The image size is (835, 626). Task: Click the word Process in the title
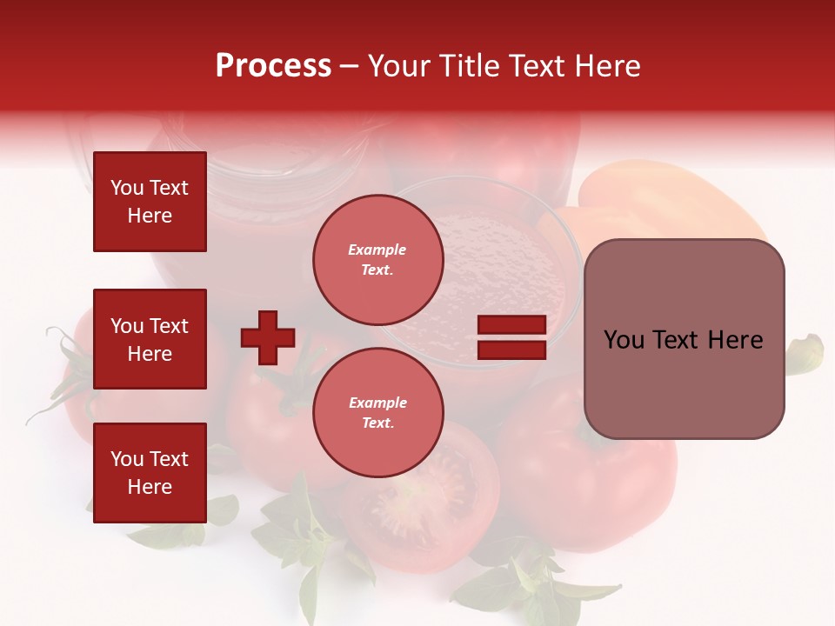coord(273,66)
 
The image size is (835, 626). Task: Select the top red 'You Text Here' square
coord(150,202)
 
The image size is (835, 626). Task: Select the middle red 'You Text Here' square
coord(150,339)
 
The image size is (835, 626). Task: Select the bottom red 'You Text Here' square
coord(150,473)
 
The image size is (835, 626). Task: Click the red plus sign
coord(268,337)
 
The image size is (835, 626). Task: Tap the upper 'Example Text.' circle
coord(377,259)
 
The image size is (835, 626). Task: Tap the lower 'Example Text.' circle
coord(377,412)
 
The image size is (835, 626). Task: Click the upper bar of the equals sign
coord(511,325)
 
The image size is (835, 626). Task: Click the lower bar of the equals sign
coord(511,350)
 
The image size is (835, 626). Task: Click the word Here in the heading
coord(608,66)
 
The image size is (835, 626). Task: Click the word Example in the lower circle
coord(377,403)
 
